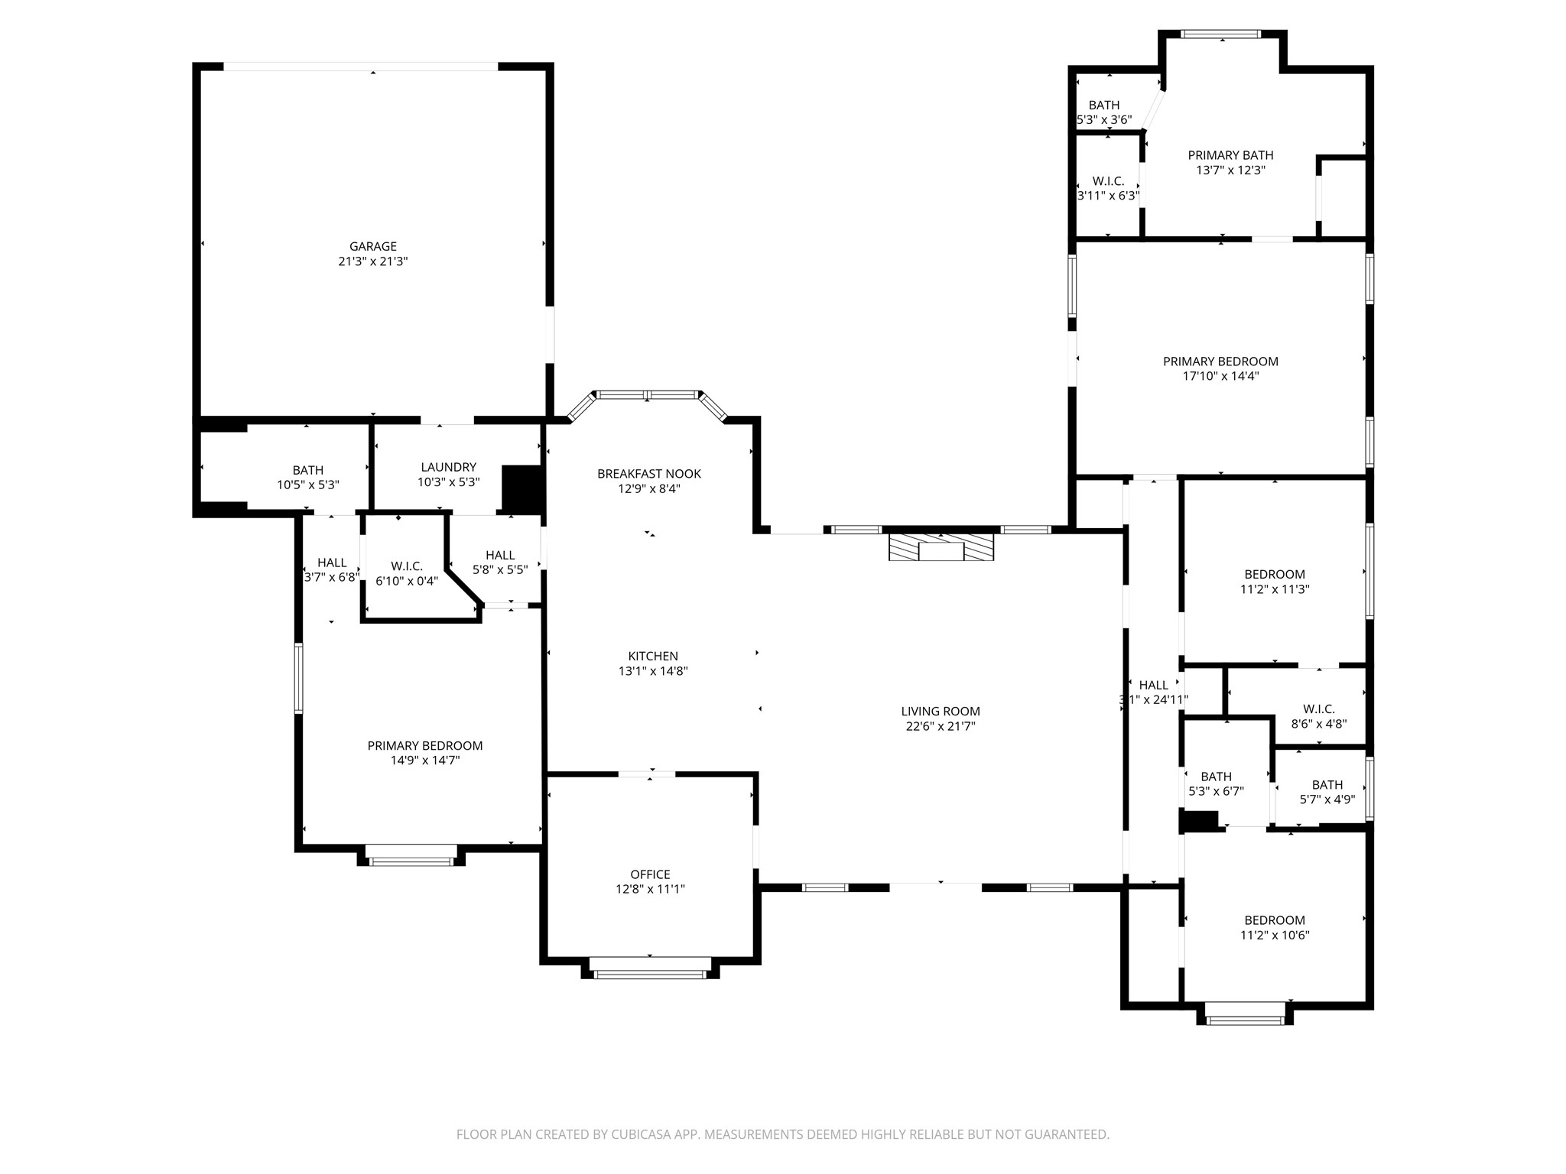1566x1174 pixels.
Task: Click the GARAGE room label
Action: (x=373, y=246)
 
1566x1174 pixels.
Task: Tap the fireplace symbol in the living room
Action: (x=941, y=547)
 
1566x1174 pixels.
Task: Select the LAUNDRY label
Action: (x=448, y=467)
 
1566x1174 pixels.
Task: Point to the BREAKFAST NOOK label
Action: (x=649, y=474)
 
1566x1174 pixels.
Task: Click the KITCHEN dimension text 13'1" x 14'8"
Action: (x=653, y=671)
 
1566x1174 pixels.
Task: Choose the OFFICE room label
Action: (x=651, y=874)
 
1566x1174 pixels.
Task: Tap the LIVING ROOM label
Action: (x=941, y=712)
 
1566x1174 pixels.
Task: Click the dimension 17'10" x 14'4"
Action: (x=1220, y=376)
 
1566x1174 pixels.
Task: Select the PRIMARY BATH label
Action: (x=1231, y=155)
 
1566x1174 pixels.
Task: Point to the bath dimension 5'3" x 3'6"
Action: (x=1104, y=120)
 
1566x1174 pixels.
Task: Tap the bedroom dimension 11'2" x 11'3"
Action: (x=1275, y=589)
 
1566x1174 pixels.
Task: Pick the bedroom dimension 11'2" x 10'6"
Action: (x=1275, y=935)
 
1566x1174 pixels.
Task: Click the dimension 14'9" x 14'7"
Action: (x=425, y=761)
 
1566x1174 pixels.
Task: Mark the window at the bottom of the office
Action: (x=650, y=974)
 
